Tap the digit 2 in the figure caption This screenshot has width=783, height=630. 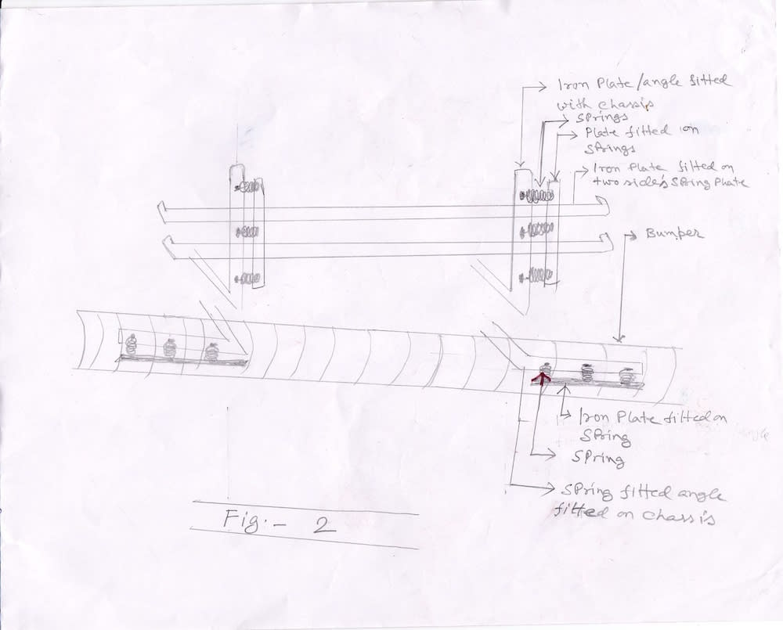pyautogui.click(x=319, y=523)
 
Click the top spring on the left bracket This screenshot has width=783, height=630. pyautogui.click(x=248, y=188)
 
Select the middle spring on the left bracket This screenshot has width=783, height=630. pyautogui.click(x=247, y=232)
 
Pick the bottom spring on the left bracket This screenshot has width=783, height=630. pyautogui.click(x=248, y=277)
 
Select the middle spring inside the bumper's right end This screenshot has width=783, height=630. pyautogui.click(x=585, y=373)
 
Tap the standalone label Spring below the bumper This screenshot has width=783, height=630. pyautogui.click(x=601, y=459)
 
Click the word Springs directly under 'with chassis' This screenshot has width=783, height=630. pyautogui.click(x=579, y=117)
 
